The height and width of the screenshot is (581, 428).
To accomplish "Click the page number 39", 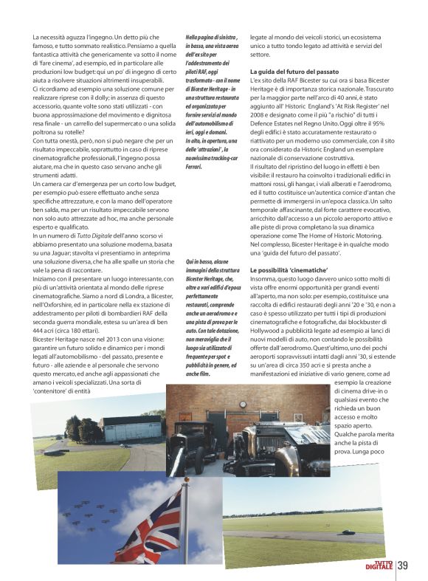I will pos(403,566).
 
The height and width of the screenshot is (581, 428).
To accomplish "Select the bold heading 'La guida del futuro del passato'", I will pos(294,70).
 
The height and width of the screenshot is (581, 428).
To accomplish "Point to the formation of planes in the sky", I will pos(88,510).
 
